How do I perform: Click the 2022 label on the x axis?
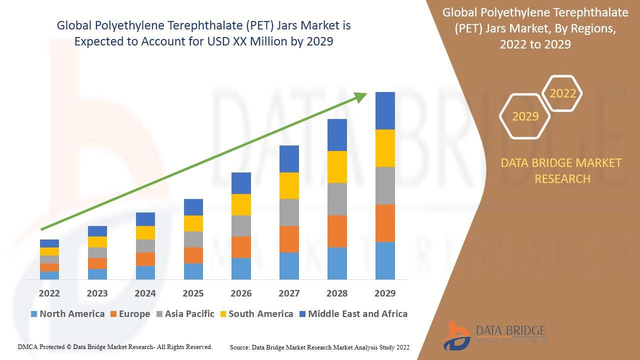click(x=49, y=293)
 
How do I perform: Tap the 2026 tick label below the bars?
click(x=241, y=293)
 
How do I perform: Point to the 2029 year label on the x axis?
click(x=385, y=293)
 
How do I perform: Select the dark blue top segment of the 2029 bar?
click(x=385, y=110)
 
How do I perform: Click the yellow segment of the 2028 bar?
click(x=337, y=167)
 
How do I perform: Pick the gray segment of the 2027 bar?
click(x=289, y=212)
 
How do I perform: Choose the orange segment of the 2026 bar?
click(x=241, y=247)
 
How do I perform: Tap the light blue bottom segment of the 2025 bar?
click(x=193, y=271)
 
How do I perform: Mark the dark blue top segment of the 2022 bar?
click(x=49, y=243)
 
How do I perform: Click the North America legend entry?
click(x=67, y=314)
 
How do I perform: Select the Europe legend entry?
click(x=129, y=314)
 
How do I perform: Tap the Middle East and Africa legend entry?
click(x=353, y=314)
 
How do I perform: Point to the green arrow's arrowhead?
click(x=361, y=97)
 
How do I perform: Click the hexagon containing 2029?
click(x=525, y=116)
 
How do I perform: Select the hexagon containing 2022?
click(x=562, y=93)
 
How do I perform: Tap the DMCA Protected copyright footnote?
click(x=115, y=347)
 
